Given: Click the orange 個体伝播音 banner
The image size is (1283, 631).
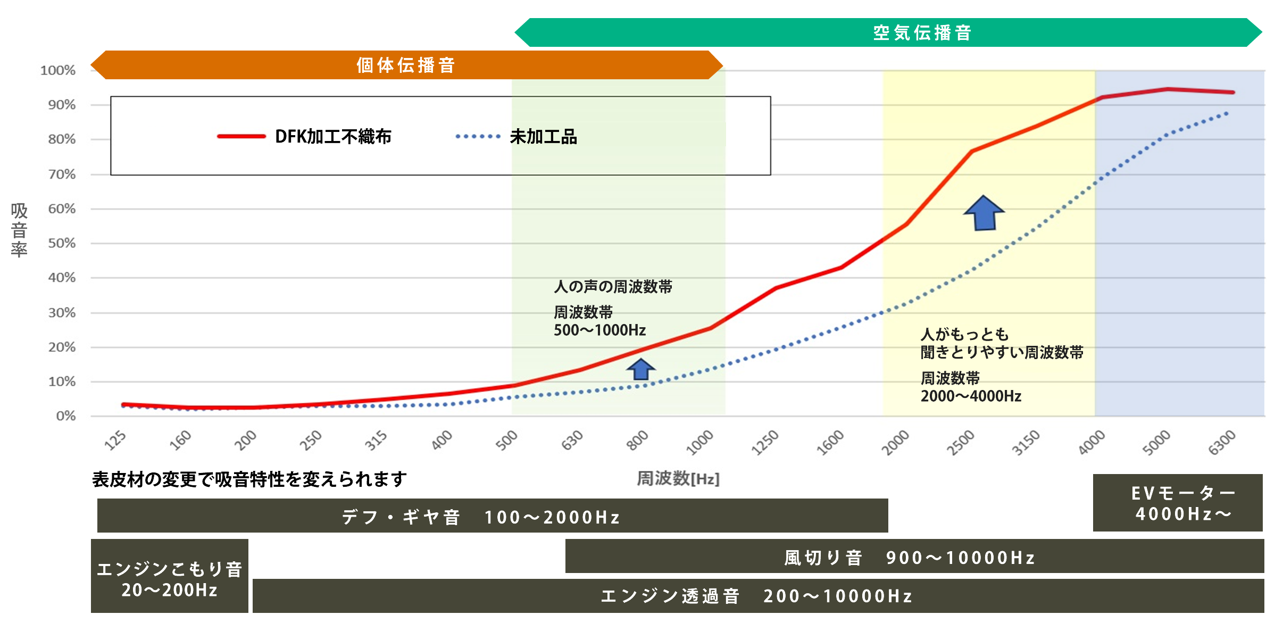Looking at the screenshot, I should point(406,65).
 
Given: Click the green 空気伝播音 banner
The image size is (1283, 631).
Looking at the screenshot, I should point(922,33).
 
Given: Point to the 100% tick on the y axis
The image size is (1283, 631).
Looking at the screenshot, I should point(58,70).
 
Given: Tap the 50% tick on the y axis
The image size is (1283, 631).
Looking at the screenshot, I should point(62,243).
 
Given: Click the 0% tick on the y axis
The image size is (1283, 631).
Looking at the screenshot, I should point(65,416).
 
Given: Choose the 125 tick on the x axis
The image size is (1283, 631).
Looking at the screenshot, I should point(115,441).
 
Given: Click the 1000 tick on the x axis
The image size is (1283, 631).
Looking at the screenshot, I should point(700,443).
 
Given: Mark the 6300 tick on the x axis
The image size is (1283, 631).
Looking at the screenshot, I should point(1222,443).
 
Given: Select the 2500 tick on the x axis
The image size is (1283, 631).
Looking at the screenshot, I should point(961,443).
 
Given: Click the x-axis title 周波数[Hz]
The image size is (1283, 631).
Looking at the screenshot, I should point(678,478).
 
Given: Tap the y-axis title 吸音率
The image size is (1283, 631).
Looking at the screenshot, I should point(19,230).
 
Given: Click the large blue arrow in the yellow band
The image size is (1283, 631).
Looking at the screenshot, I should point(984,213).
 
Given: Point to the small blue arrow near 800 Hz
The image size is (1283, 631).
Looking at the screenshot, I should point(641,369).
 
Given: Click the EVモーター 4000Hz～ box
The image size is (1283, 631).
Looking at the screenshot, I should point(1178,503).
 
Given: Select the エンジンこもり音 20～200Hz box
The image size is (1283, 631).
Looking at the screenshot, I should point(170,576).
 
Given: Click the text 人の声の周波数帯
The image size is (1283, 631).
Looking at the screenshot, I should point(613,287).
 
